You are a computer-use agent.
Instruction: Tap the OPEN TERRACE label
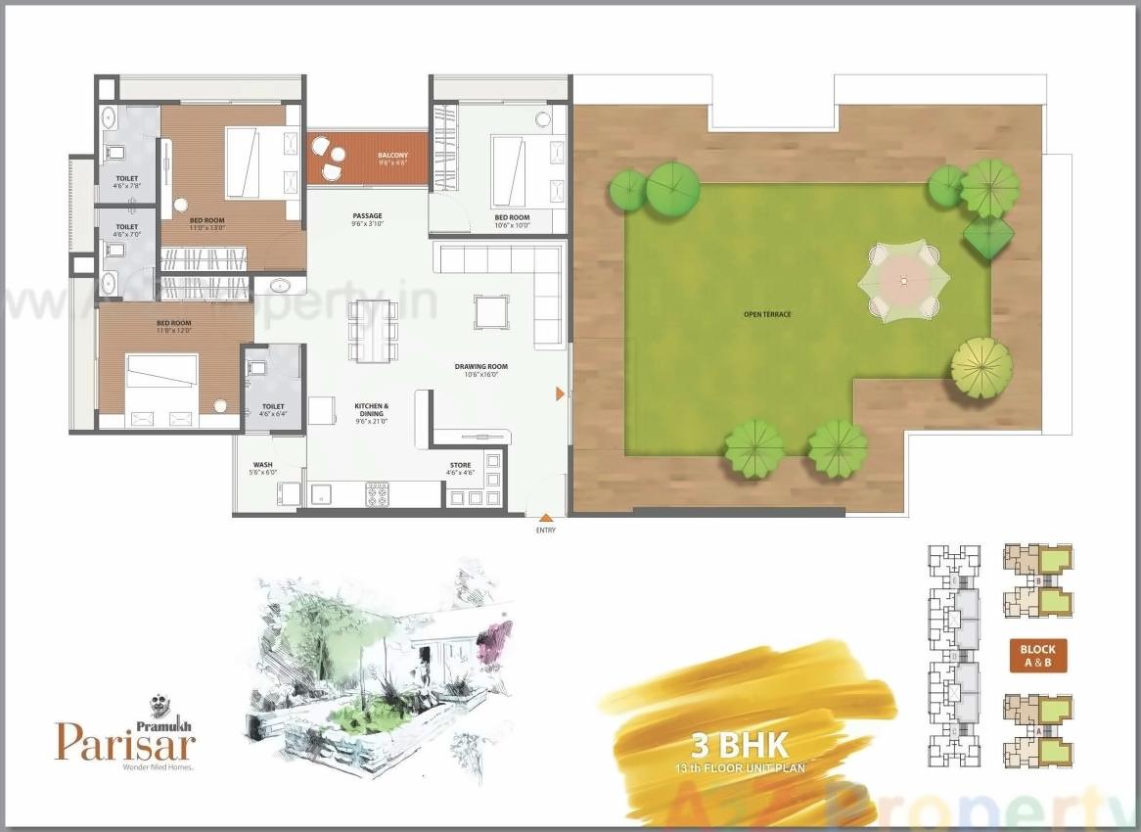coord(767,314)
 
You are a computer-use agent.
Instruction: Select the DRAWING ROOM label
coord(480,367)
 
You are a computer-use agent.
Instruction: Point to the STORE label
coord(460,465)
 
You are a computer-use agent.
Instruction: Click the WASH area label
coord(262,465)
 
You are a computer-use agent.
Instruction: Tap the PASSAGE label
coord(367,215)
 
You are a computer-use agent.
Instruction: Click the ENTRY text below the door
coord(545,531)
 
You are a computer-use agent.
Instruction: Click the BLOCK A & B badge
coord(1037,655)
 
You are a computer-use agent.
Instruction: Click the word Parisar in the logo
coord(125,741)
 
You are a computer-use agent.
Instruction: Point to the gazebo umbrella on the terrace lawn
coord(903,281)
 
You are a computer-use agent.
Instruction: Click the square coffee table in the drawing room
coord(489,312)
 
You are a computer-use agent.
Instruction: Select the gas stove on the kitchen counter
coord(378,494)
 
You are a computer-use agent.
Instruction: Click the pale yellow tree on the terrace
coord(981,367)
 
